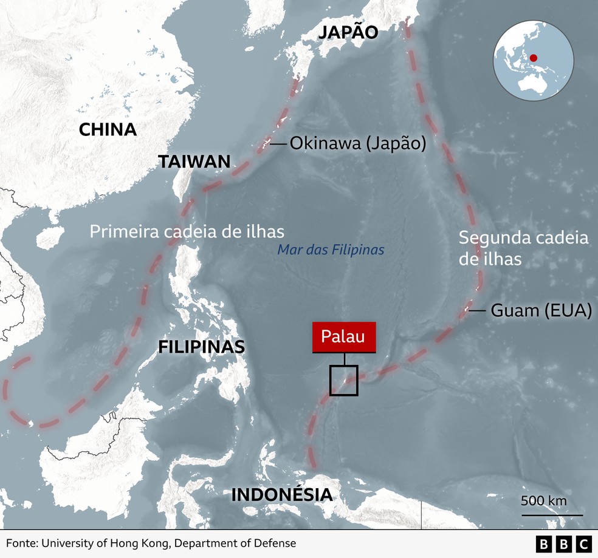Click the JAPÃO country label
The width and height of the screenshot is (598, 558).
click(x=348, y=32)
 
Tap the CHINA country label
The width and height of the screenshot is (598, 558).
click(x=108, y=129)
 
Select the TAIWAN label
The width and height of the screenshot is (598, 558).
click(x=194, y=162)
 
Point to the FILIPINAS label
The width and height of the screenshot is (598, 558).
click(x=201, y=347)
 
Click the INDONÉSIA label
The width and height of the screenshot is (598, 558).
click(x=282, y=494)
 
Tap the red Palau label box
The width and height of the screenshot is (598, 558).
click(x=343, y=337)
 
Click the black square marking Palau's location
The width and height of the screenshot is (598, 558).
click(x=344, y=381)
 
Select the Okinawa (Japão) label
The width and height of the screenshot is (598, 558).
click(x=357, y=143)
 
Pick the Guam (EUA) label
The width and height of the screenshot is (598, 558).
click(x=541, y=310)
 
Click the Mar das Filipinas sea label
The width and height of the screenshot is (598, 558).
click(x=331, y=250)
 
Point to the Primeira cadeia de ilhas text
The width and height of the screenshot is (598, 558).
click(x=187, y=231)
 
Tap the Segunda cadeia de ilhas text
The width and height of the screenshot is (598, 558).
click(x=523, y=248)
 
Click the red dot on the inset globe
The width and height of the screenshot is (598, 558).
click(x=534, y=59)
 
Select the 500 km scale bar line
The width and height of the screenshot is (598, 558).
click(x=552, y=515)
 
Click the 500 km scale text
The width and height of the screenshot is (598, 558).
click(x=543, y=501)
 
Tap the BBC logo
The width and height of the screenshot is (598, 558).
click(x=564, y=544)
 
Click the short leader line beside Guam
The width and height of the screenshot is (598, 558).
click(x=477, y=310)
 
